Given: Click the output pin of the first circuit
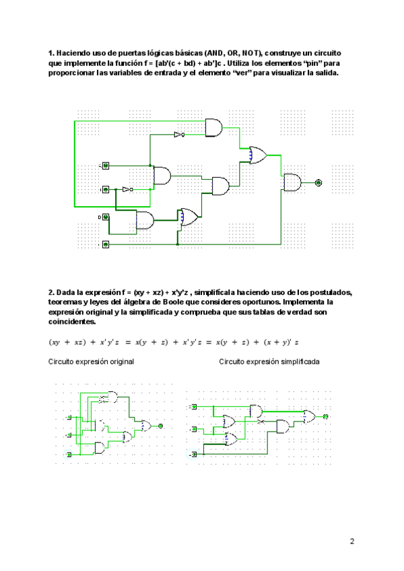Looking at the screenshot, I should click(x=318, y=182).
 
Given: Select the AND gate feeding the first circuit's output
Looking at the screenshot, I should click(x=293, y=182).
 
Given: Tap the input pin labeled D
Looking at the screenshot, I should click(x=106, y=217).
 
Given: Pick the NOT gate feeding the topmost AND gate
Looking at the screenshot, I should click(x=178, y=135).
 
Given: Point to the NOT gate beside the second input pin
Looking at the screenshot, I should click(x=127, y=190).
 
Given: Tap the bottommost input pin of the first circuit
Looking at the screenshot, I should click(x=106, y=244).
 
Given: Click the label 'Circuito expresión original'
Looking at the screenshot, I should click(x=91, y=362).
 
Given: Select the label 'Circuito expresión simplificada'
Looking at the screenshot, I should click(x=269, y=362).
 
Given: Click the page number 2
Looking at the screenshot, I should click(x=352, y=541).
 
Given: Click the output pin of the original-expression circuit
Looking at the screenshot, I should click(x=161, y=426).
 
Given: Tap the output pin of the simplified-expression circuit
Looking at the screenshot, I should click(x=327, y=417).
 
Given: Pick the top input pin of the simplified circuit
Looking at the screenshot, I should click(x=194, y=407).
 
